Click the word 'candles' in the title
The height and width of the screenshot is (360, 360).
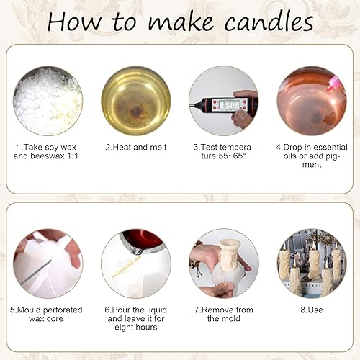[x=269, y=22]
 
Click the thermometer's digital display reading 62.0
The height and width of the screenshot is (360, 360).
[x=230, y=105]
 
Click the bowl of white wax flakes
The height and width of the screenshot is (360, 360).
[x=48, y=101]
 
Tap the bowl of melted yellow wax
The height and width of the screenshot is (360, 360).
[x=136, y=101]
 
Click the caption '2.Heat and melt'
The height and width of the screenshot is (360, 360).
[x=136, y=147]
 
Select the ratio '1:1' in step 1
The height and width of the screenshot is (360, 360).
[x=73, y=156]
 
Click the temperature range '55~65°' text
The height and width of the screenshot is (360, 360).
[x=232, y=156]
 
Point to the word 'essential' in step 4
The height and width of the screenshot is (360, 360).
[x=330, y=147]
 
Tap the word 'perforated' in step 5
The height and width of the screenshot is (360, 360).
[x=63, y=310]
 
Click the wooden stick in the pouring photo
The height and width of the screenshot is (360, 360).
[x=127, y=266]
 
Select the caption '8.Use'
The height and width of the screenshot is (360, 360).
[x=312, y=310]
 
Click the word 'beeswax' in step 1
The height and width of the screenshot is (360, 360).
[x=48, y=156]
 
